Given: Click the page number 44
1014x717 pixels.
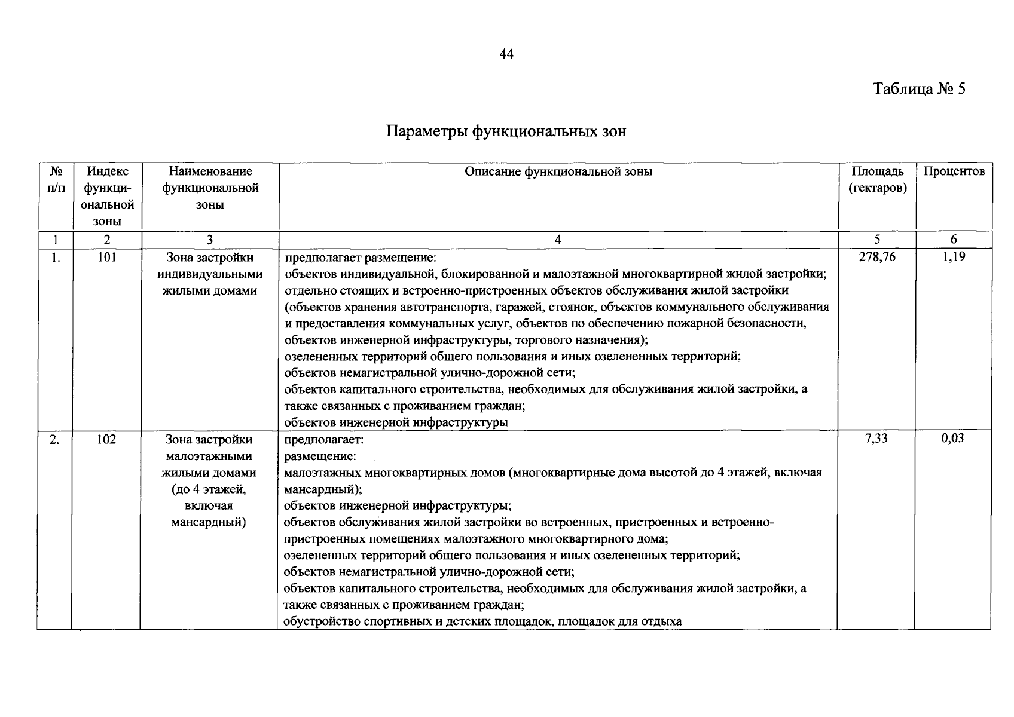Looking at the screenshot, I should [x=506, y=54].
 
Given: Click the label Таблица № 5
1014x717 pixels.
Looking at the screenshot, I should [x=919, y=89].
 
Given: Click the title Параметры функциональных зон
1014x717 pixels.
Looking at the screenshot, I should [x=506, y=131].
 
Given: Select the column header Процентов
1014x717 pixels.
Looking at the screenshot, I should [x=954, y=172].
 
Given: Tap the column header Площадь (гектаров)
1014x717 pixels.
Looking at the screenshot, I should [x=877, y=180].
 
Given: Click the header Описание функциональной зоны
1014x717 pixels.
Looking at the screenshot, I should [x=558, y=172].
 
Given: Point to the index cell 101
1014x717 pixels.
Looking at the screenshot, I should [x=106, y=258].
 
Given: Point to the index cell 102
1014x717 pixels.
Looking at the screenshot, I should [x=106, y=439].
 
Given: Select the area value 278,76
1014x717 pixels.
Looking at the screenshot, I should [x=877, y=258].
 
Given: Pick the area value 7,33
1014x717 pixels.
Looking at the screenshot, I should [x=876, y=439].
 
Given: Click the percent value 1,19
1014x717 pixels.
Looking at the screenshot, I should [x=953, y=258].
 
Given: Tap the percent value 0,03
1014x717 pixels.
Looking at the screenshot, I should [x=953, y=439].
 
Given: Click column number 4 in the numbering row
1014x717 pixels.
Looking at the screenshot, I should [x=558, y=240].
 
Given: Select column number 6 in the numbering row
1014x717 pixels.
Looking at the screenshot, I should [x=954, y=240].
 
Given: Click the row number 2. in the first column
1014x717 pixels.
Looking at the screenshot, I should [x=54, y=439].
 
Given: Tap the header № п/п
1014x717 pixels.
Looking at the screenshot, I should [x=55, y=180].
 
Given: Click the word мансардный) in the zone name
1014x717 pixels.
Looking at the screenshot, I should [x=209, y=522].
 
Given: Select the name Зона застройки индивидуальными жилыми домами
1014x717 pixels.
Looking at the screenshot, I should [x=210, y=274].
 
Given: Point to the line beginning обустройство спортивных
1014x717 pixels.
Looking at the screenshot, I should [x=482, y=621].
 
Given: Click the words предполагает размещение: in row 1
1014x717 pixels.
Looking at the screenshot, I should [x=361, y=258].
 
